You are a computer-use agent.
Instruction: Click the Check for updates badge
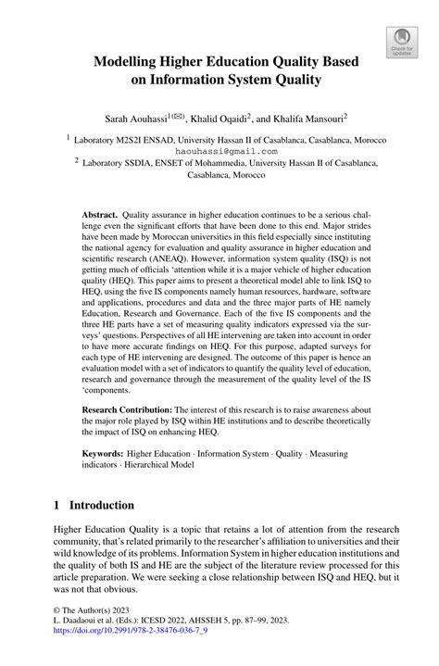(401, 41)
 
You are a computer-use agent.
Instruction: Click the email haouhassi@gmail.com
(219, 150)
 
